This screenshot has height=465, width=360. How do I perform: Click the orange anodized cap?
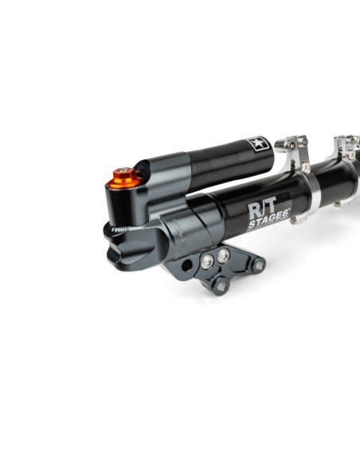[x=124, y=178]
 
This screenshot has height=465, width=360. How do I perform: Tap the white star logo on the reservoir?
[x=257, y=143]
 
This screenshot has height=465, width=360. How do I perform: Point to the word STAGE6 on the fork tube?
[x=269, y=220]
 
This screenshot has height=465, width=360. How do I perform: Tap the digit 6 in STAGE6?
[x=285, y=217]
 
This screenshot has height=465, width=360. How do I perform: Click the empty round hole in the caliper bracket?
[x=187, y=265]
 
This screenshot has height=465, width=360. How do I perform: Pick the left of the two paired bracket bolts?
[x=207, y=261]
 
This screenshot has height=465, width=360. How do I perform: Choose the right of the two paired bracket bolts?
[x=223, y=255]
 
